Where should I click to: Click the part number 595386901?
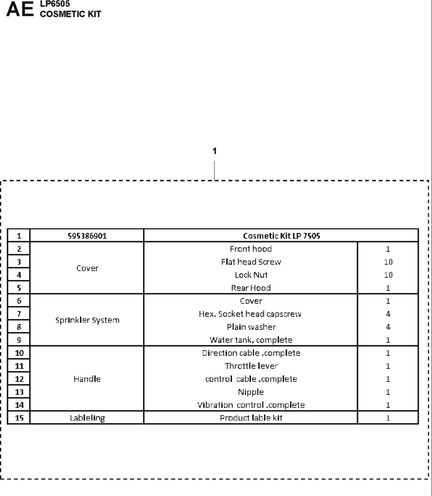pyautogui.click(x=87, y=236)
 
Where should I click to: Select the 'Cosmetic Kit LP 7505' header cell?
pyautogui.click(x=281, y=236)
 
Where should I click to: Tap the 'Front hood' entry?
pyautogui.click(x=251, y=249)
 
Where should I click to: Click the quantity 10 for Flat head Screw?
pyautogui.click(x=388, y=262)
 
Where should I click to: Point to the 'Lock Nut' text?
pyautogui.click(x=251, y=275)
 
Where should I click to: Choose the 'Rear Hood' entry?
pyautogui.click(x=251, y=288)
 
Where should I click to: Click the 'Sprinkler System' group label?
pyautogui.click(x=87, y=320)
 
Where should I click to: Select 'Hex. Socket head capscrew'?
pyautogui.click(x=250, y=314)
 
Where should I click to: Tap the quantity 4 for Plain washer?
pyautogui.click(x=388, y=327)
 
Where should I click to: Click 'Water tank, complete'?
pyautogui.click(x=251, y=340)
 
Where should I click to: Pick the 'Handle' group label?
pyautogui.click(x=87, y=379)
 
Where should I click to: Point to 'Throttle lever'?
pyautogui.click(x=251, y=366)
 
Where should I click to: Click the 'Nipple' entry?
pyautogui.click(x=251, y=392)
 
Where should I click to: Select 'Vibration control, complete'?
pyautogui.click(x=251, y=405)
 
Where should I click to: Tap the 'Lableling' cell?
pyautogui.click(x=87, y=418)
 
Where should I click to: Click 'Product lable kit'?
pyautogui.click(x=251, y=418)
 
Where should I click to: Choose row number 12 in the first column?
pyautogui.click(x=19, y=379)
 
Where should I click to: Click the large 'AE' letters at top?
pyautogui.click(x=20, y=9)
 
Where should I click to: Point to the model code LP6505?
pyautogui.click(x=55, y=4)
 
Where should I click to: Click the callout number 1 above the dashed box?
pyautogui.click(x=214, y=151)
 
